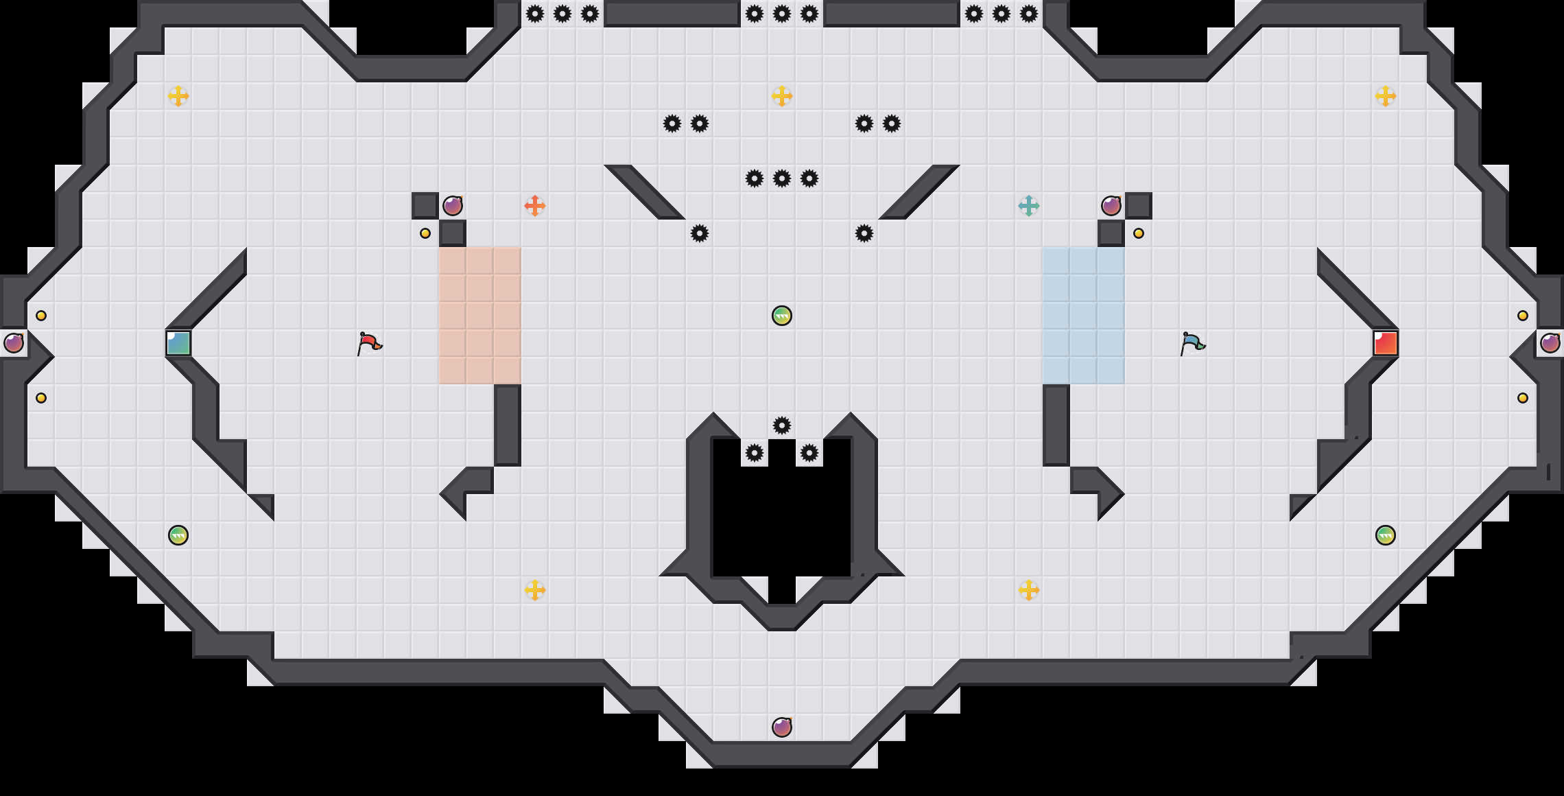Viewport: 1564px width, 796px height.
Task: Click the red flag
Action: coord(370,342)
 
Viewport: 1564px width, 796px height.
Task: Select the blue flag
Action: coord(1193,342)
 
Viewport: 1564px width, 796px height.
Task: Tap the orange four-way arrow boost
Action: coord(535,206)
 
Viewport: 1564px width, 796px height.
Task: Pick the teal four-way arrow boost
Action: coord(1029,206)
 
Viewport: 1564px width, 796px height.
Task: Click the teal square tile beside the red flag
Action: coord(178,343)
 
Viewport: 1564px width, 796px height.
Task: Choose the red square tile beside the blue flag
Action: coord(1386,343)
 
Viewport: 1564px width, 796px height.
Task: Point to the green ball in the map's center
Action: coord(782,316)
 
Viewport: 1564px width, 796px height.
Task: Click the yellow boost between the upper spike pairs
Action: coord(782,96)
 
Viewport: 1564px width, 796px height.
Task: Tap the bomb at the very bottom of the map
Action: coord(782,727)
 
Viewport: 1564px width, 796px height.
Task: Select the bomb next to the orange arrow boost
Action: coord(453,206)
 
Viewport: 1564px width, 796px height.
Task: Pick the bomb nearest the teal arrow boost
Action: coord(1111,206)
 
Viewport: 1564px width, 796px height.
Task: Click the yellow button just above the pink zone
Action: coord(425,233)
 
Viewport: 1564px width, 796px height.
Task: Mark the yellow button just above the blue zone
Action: coord(1139,233)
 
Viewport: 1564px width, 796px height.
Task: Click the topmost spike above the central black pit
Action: coord(782,425)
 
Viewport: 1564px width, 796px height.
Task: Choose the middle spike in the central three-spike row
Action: coord(782,178)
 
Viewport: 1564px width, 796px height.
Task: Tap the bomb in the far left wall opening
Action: coord(14,343)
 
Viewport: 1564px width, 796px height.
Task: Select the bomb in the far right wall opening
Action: coord(1550,343)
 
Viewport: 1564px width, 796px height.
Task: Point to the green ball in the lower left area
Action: coord(178,535)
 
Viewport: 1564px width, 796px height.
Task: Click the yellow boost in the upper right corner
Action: coord(1386,96)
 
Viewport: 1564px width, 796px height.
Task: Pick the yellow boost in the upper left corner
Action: coord(178,96)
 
